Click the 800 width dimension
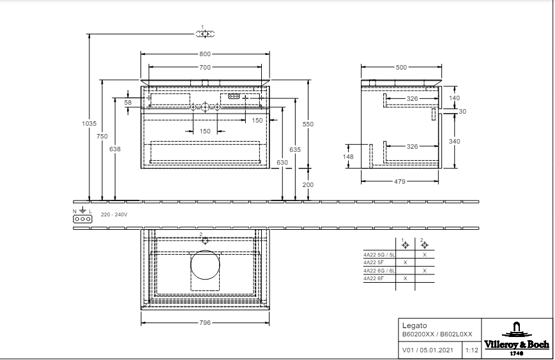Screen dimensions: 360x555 [x=204, y=54]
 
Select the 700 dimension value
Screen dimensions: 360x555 [x=204, y=66]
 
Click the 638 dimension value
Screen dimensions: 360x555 [x=115, y=149]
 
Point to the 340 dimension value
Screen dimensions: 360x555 [x=455, y=141]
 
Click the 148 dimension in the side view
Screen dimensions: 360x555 [x=348, y=156]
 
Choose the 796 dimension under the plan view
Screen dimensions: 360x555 [x=205, y=322]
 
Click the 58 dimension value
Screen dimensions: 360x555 [x=128, y=102]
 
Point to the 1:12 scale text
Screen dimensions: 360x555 [x=471, y=350]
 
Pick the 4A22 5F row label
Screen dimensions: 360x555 [x=372, y=262]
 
